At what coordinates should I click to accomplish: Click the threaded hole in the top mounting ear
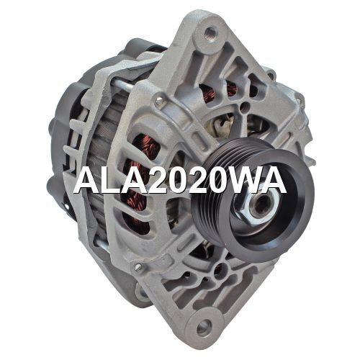click(x=210, y=32)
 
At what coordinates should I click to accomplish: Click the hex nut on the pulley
click(x=258, y=206)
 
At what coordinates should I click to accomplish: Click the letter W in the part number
click(x=244, y=179)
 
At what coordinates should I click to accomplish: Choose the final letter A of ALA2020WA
click(x=273, y=179)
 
